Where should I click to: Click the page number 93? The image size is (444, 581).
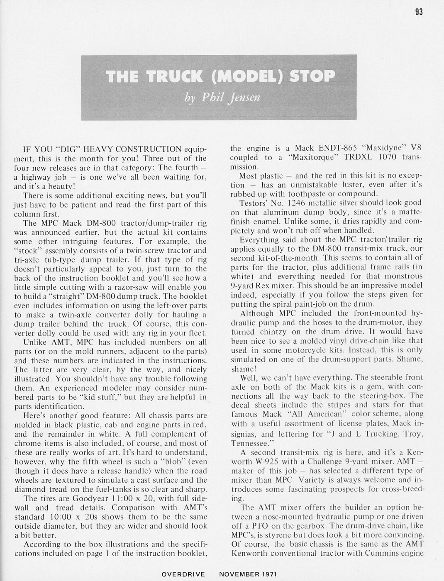[418, 12]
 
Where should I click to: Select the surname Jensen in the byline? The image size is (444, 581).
[244, 97]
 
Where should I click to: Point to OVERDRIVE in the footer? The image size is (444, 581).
[183, 574]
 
